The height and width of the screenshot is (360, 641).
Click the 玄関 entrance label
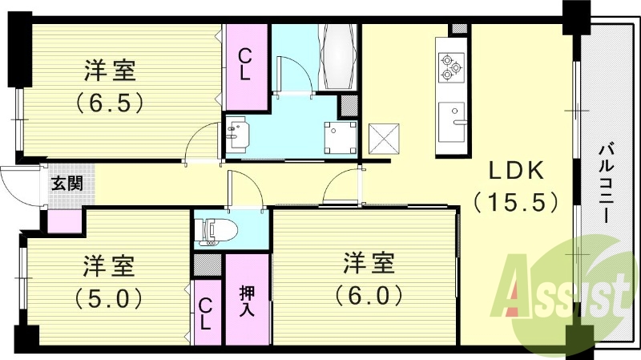tap(67, 183)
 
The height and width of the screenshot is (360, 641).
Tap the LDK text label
tap(518, 171)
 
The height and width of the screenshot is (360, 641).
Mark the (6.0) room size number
tap(368, 296)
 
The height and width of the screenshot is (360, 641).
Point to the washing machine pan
tap(340, 137)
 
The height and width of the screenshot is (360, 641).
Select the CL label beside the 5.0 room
tap(206, 312)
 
